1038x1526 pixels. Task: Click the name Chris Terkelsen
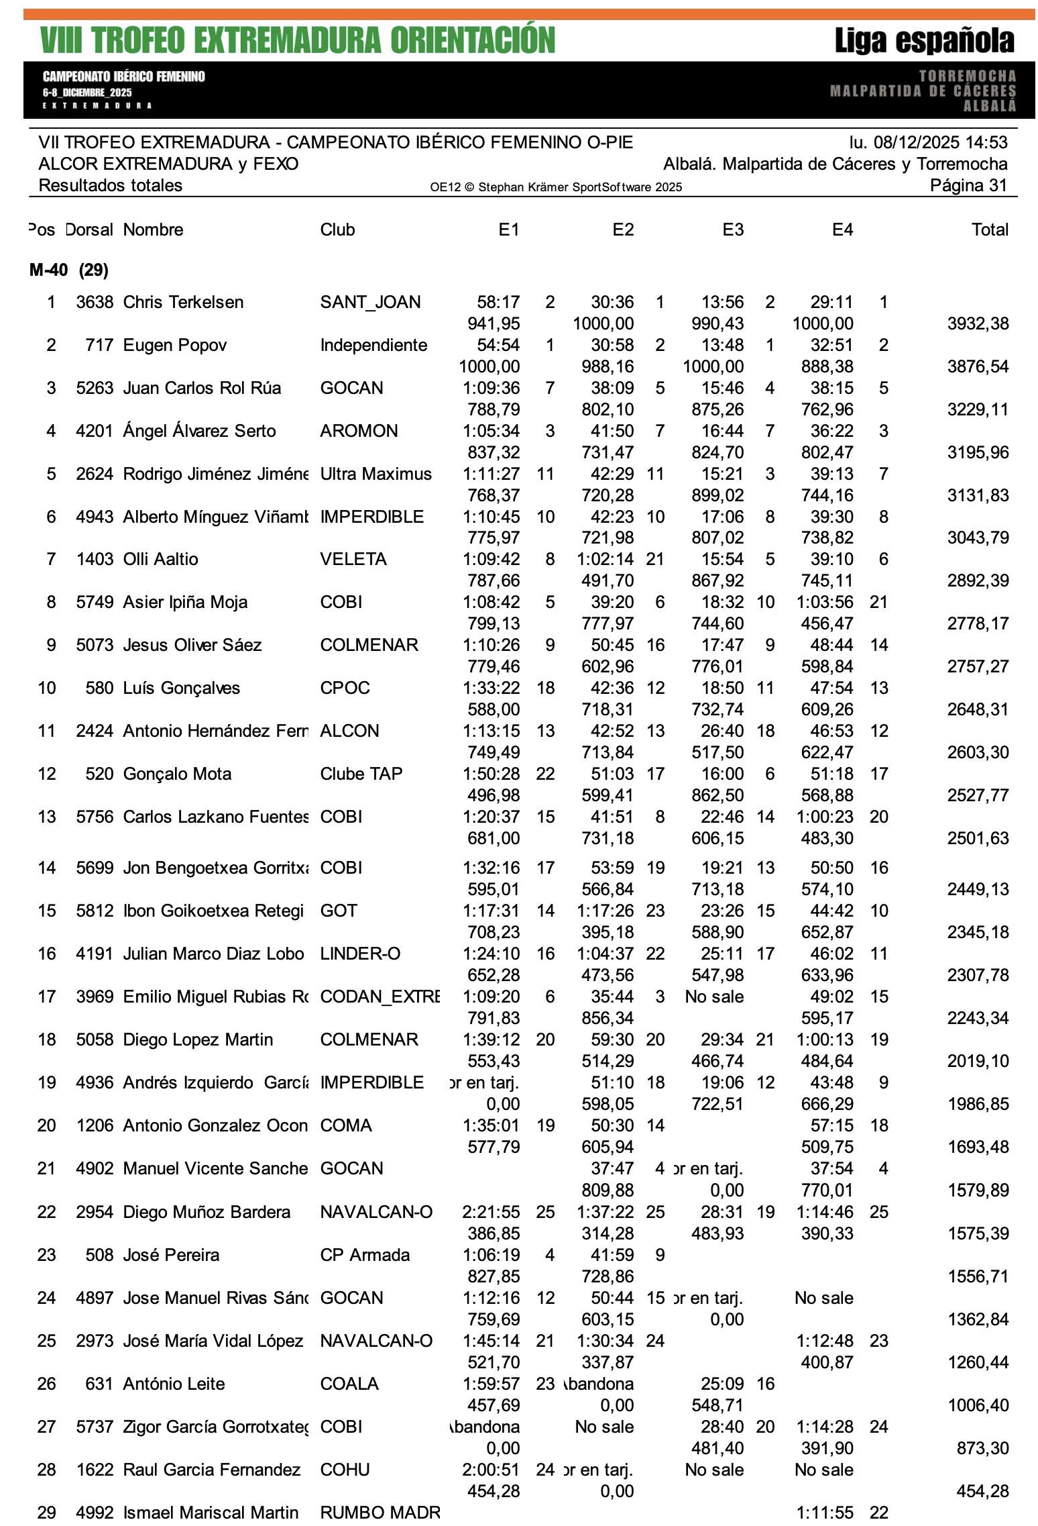click(x=183, y=302)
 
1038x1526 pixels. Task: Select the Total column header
click(x=990, y=230)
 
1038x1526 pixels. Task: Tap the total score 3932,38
click(x=978, y=323)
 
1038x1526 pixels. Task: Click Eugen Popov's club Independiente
click(x=373, y=345)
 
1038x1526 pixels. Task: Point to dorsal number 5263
click(x=95, y=388)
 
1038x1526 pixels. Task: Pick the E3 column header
click(x=733, y=230)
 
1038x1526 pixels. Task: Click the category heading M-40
click(x=48, y=270)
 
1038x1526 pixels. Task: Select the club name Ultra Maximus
click(x=376, y=474)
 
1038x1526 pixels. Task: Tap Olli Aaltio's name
click(x=160, y=559)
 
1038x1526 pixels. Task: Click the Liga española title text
click(x=924, y=41)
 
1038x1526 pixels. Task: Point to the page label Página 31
click(x=968, y=185)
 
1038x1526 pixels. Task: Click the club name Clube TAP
click(x=361, y=774)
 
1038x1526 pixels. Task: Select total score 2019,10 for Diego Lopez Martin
click(x=978, y=1061)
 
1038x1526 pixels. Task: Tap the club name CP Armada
click(x=365, y=1255)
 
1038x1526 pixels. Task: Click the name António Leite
click(x=174, y=1384)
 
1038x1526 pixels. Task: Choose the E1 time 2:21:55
click(x=491, y=1212)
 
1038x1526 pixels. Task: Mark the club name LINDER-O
click(x=360, y=954)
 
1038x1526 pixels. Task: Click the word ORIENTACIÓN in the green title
click(x=473, y=40)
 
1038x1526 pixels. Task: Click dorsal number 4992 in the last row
click(x=95, y=1513)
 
